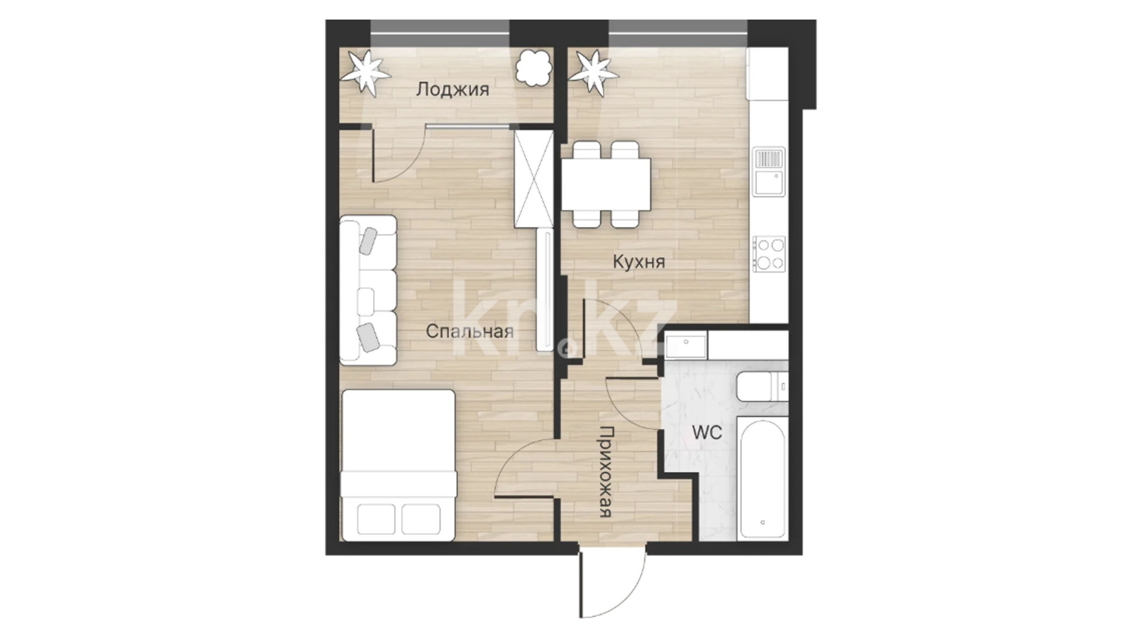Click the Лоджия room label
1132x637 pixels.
[452, 90]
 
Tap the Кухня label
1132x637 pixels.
[639, 261]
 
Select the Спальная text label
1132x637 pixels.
[469, 331]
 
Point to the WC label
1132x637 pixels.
[707, 432]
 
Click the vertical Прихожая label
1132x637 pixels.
[606, 472]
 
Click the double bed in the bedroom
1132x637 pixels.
[399, 465]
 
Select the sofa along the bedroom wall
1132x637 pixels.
[368, 290]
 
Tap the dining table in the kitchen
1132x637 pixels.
[606, 184]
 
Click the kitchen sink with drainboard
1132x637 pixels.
[769, 172]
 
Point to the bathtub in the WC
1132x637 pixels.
[762, 478]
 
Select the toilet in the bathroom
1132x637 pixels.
[762, 386]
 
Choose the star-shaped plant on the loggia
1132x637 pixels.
[367, 73]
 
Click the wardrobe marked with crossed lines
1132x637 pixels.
[534, 179]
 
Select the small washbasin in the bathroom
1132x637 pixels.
[686, 346]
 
